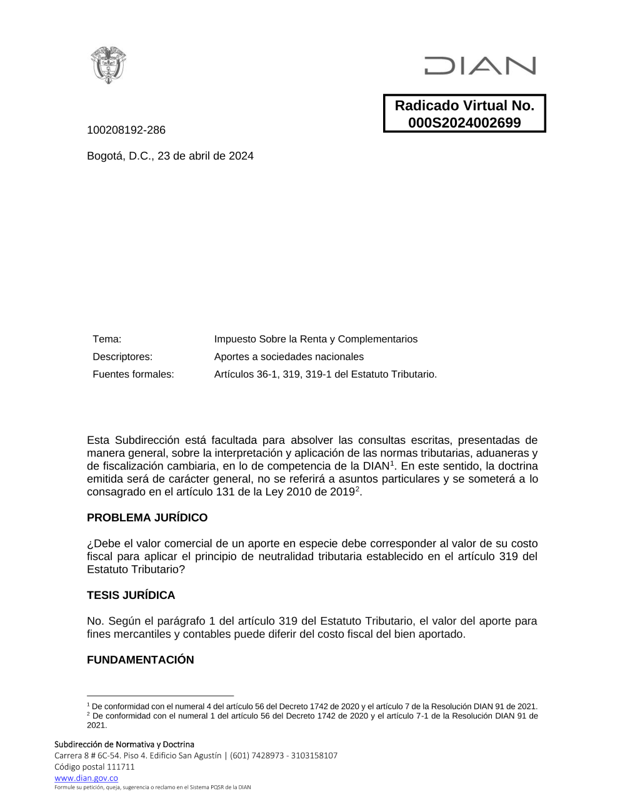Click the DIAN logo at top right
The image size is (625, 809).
click(x=479, y=66)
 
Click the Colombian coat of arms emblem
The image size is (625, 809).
click(x=109, y=64)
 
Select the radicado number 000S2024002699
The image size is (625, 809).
click(x=464, y=123)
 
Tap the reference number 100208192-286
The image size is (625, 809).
click(x=126, y=130)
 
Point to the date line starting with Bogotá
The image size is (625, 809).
click(x=170, y=156)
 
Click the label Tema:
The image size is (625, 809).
click(x=107, y=339)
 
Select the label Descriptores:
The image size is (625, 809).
click(x=122, y=356)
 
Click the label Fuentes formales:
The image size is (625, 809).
click(x=133, y=374)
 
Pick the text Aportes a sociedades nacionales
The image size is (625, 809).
click(x=289, y=356)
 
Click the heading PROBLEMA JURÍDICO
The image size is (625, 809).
click(x=147, y=518)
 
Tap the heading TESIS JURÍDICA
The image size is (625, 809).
click(x=131, y=595)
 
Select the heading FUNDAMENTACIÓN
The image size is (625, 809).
click(x=140, y=660)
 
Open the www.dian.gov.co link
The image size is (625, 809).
click(x=86, y=778)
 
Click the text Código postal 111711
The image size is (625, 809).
click(x=94, y=766)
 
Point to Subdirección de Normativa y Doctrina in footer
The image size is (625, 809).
click(x=124, y=744)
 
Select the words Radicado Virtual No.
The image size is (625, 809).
click(x=464, y=106)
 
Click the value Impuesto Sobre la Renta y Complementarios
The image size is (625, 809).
click(x=316, y=339)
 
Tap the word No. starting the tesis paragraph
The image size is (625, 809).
click(x=96, y=621)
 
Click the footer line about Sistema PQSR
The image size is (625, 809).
click(x=152, y=787)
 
